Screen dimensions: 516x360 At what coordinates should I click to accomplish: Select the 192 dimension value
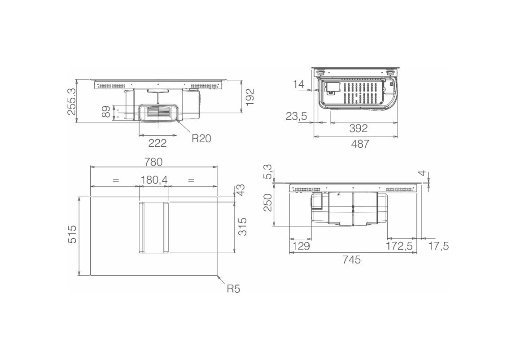(x=250, y=97)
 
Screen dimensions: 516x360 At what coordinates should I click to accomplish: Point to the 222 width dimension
(x=157, y=142)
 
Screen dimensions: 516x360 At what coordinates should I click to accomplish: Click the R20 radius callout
(x=201, y=138)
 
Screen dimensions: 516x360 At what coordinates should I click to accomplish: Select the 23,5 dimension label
(x=296, y=116)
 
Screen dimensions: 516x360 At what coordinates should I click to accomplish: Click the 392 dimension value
(x=358, y=128)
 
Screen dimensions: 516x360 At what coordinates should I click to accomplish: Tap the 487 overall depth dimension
(x=360, y=144)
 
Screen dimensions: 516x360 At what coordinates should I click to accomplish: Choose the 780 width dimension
(x=153, y=162)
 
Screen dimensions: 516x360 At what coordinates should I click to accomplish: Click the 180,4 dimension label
(x=154, y=180)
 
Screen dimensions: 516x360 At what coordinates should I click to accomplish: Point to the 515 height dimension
(x=72, y=234)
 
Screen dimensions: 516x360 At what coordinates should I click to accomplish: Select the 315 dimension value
(x=242, y=226)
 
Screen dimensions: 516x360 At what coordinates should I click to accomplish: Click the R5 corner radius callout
(x=234, y=289)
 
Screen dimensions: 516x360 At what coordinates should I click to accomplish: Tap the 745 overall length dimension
(x=351, y=259)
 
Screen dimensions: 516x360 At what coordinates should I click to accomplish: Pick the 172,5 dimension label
(x=399, y=246)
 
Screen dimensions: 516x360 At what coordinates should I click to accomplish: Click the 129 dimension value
(x=301, y=246)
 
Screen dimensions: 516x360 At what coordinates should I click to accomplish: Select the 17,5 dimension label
(x=439, y=246)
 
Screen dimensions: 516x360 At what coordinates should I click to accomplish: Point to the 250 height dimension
(x=268, y=202)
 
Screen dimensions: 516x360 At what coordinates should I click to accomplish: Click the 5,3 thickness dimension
(x=268, y=172)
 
